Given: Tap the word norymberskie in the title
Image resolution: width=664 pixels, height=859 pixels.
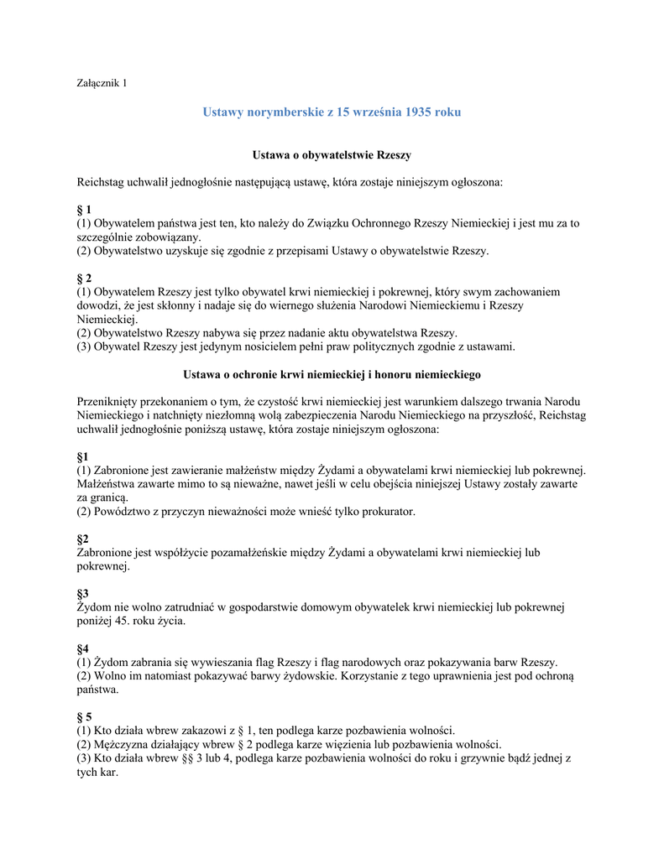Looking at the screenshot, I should (278, 112).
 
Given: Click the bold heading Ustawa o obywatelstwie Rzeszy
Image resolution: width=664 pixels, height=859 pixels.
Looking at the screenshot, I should (332, 155).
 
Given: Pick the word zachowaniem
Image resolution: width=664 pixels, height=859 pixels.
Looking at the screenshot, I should (525, 292).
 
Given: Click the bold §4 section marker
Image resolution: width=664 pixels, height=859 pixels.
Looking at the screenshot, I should (82, 648).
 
